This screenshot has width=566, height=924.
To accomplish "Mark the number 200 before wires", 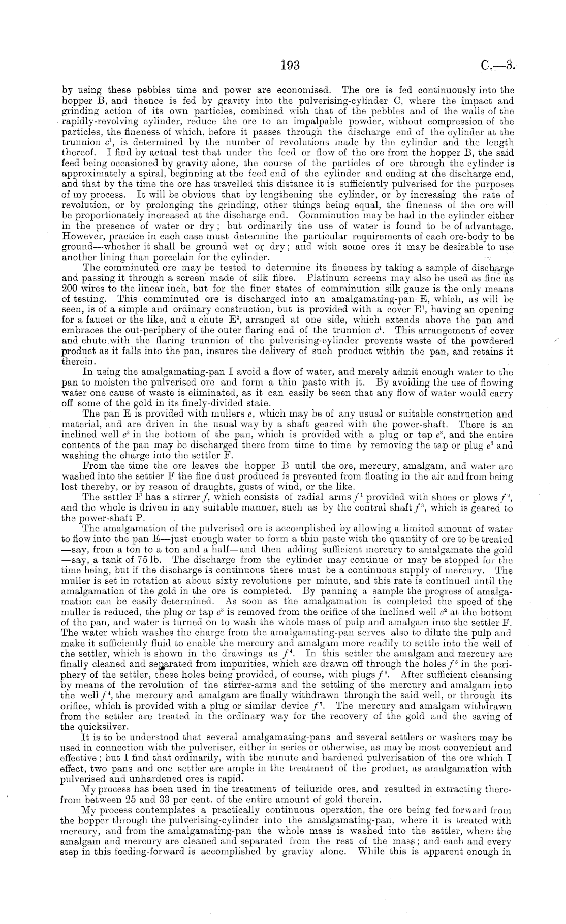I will (69, 288).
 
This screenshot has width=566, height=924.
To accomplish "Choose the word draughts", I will (174, 487).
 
